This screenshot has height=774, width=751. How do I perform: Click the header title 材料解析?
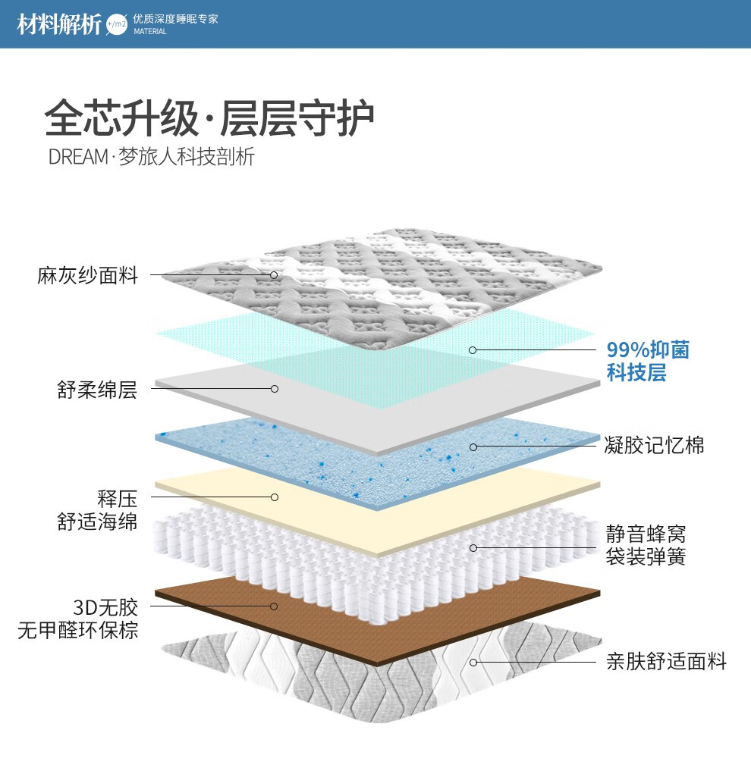(x=59, y=24)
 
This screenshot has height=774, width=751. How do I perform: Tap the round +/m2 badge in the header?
(x=118, y=24)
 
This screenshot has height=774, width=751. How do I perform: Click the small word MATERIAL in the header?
(x=149, y=32)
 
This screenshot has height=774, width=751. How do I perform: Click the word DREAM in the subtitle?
(x=78, y=158)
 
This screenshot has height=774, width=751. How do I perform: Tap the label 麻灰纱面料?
(x=88, y=274)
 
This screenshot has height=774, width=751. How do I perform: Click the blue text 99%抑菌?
(x=648, y=349)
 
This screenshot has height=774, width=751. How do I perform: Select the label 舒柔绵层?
(x=97, y=390)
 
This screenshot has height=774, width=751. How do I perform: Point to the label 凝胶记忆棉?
(x=654, y=445)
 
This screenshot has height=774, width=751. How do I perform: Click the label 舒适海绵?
(x=97, y=522)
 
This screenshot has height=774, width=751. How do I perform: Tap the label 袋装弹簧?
(x=646, y=557)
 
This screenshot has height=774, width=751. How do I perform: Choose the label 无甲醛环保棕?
(x=78, y=630)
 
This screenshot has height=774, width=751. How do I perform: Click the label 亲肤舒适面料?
(x=666, y=662)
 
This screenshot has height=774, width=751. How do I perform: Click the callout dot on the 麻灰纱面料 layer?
(x=275, y=274)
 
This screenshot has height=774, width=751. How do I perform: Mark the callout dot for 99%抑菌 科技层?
(x=473, y=350)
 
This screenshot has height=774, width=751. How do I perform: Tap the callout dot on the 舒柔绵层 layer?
(x=275, y=389)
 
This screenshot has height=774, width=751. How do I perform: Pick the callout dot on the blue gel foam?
(x=473, y=447)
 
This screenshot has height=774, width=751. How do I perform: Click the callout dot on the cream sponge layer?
(x=275, y=497)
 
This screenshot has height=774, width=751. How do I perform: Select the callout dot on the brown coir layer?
(x=275, y=606)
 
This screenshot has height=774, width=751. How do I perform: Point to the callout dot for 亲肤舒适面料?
(x=473, y=662)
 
